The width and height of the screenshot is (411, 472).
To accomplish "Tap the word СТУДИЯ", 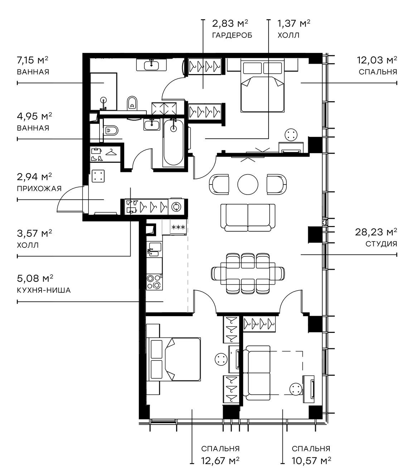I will click(381, 244).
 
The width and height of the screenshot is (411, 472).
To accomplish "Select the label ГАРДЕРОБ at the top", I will click(232, 35).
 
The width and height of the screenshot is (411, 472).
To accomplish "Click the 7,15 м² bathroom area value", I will click(33, 60).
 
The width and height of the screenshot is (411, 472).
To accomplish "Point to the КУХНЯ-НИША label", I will click(44, 290).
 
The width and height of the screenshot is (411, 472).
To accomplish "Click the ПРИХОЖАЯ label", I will click(39, 188).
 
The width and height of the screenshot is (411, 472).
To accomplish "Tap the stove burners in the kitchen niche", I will click(154, 281).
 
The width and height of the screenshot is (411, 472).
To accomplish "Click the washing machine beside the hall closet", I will click(177, 207).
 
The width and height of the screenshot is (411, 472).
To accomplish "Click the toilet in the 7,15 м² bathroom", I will click(132, 103).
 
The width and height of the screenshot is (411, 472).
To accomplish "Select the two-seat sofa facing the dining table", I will click(248, 217).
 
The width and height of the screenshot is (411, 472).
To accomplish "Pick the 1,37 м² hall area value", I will click(294, 24).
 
